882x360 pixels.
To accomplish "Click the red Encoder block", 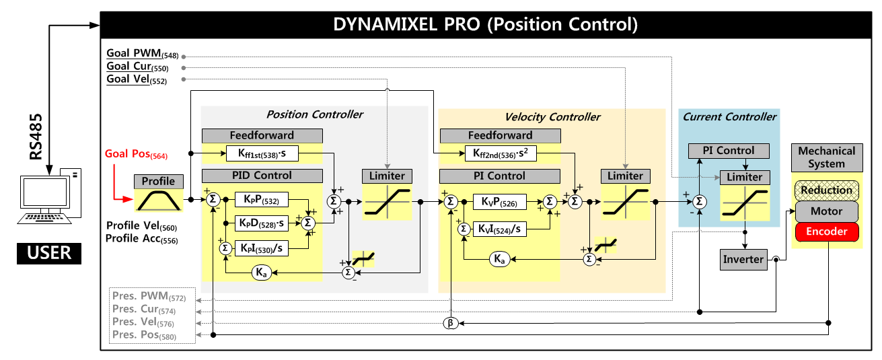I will pos(827,232).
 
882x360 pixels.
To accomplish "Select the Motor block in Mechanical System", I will pos(827,211).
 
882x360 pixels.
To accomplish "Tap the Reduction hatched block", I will pos(827,190).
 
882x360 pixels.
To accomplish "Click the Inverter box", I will pos(743,259).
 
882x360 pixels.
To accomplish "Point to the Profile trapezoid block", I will pos(158,200).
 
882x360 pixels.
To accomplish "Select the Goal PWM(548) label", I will pos(142,54).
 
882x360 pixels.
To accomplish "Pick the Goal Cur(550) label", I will pos(137,67).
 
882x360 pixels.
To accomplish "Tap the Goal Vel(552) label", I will pos(137,79).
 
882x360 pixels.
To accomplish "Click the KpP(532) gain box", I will pos(262,200).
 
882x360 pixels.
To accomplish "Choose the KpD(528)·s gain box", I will pos(262,222).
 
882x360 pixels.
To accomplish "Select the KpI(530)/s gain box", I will pos(262,248).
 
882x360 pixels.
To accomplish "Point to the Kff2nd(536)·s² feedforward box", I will pos(501,154).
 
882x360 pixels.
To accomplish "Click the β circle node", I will pos(451,323).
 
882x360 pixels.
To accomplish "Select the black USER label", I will pos(49,254).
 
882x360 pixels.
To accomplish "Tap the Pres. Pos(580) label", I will pos(144,335).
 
